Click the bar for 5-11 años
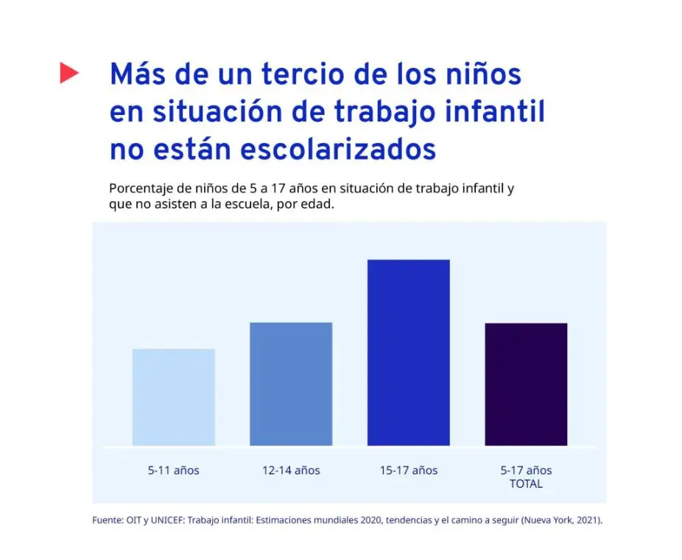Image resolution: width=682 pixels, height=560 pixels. [174, 397]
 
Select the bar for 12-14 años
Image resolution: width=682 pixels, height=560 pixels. [291, 384]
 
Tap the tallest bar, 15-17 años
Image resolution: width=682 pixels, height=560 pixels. [409, 352]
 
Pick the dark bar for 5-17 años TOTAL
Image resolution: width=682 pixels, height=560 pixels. [526, 384]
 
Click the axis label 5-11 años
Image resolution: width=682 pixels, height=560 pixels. [174, 470]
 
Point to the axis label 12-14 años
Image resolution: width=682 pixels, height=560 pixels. [291, 470]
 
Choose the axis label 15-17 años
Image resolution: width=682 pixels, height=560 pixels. [409, 470]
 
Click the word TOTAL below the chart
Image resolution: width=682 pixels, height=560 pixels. [526, 484]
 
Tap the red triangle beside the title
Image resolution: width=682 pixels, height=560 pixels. [69, 73]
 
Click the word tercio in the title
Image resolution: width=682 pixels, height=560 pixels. [303, 74]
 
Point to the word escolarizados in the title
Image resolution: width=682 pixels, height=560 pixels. [338, 150]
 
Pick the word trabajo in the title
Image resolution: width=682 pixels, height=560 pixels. [385, 112]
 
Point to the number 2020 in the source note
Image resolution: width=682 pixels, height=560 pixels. [371, 520]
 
